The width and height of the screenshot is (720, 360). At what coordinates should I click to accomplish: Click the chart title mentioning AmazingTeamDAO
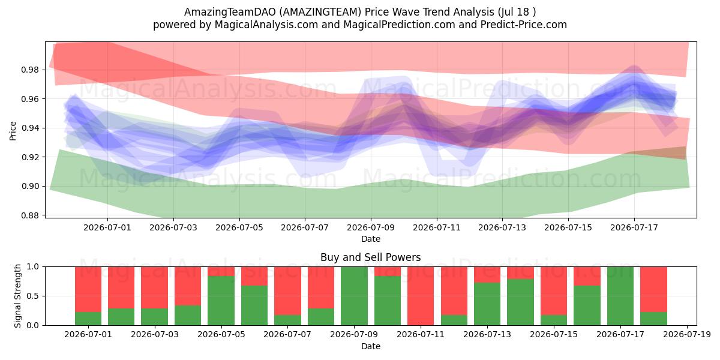(x=360, y=12)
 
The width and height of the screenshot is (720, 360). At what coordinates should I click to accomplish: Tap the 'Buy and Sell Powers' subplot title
(x=371, y=257)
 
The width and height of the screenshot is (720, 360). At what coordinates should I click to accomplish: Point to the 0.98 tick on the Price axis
(x=30, y=70)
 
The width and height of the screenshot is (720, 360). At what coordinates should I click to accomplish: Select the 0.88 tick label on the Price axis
(x=30, y=215)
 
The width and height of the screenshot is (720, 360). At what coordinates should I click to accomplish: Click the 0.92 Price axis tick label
(x=30, y=157)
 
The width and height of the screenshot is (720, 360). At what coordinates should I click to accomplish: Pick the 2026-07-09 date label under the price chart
(x=371, y=227)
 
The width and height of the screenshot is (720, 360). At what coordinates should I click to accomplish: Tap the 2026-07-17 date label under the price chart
(x=634, y=227)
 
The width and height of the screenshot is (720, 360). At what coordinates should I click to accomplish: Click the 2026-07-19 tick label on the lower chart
(x=687, y=334)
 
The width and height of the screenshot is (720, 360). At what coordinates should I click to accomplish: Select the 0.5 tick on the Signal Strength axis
(x=33, y=296)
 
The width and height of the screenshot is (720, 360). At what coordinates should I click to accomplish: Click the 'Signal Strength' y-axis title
(x=17, y=296)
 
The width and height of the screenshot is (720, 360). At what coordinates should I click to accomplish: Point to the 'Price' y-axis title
(x=13, y=131)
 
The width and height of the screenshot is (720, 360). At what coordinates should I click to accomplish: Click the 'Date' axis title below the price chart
(x=371, y=239)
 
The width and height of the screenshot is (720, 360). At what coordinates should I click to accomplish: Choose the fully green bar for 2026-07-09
(x=354, y=296)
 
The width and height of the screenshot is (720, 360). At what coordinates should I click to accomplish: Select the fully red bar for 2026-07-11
(x=421, y=296)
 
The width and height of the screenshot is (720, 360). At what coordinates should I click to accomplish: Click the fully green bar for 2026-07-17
(x=620, y=296)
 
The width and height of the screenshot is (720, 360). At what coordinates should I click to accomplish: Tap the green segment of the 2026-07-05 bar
(x=221, y=301)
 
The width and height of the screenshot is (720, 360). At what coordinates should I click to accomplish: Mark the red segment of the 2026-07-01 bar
(x=88, y=289)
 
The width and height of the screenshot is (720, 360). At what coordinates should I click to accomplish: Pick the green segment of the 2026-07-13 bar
(x=487, y=304)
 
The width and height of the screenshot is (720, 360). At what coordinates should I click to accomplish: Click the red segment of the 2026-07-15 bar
(x=554, y=291)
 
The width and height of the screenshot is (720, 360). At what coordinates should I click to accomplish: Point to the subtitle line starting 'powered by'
(x=360, y=25)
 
